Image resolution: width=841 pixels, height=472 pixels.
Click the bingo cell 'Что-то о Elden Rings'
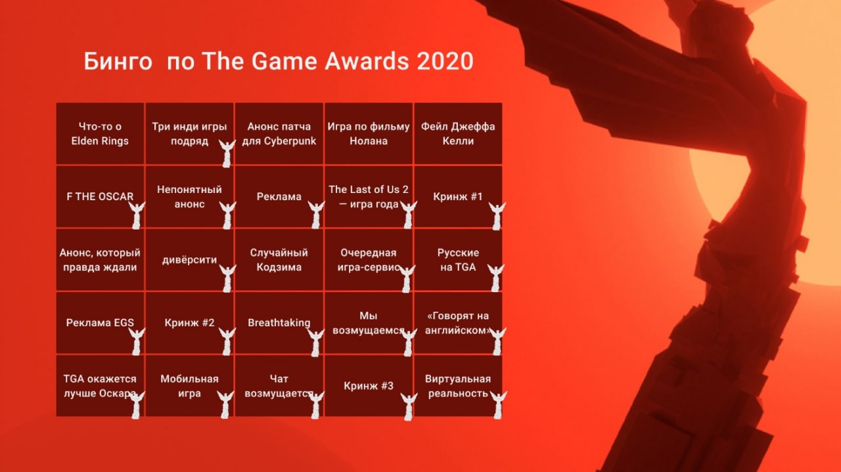(x=100, y=133)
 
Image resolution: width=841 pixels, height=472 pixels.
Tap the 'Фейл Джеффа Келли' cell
(x=458, y=133)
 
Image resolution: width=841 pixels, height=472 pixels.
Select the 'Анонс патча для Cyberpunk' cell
(x=279, y=133)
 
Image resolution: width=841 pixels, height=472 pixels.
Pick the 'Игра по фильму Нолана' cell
(x=369, y=133)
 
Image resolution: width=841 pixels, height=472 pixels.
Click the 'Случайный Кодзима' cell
(x=279, y=260)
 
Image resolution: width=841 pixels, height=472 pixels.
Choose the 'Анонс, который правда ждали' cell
(x=100, y=260)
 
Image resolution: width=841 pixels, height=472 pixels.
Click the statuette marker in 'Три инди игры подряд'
(x=227, y=154)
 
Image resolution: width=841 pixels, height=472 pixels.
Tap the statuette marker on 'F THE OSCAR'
(x=137, y=215)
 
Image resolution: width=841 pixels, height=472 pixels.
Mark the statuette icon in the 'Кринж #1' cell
(x=497, y=216)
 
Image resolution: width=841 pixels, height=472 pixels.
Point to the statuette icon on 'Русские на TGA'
(x=496, y=278)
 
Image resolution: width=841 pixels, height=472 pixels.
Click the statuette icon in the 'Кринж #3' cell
(x=409, y=407)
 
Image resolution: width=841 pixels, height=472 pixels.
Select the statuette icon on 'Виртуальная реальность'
(x=498, y=405)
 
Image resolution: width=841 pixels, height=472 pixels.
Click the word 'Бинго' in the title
(x=118, y=61)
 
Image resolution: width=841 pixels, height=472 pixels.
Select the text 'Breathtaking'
(x=279, y=323)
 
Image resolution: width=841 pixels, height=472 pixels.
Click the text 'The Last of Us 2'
(x=369, y=190)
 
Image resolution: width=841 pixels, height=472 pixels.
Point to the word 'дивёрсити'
(x=190, y=260)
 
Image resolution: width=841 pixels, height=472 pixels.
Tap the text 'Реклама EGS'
(x=100, y=323)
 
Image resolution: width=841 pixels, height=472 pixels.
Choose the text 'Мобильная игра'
(x=190, y=386)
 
